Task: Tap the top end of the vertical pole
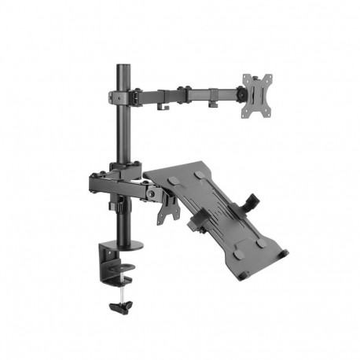pos(123,68)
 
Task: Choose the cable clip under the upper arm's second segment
pos(211,102)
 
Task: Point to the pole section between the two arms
pos(123,134)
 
